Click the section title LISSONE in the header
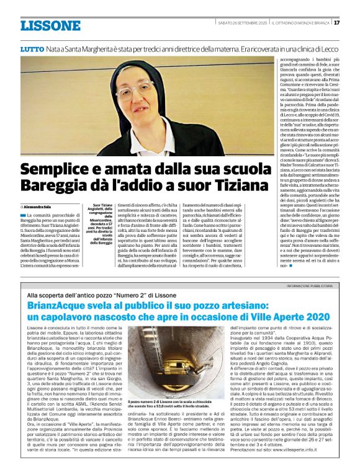click(50, 25)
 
